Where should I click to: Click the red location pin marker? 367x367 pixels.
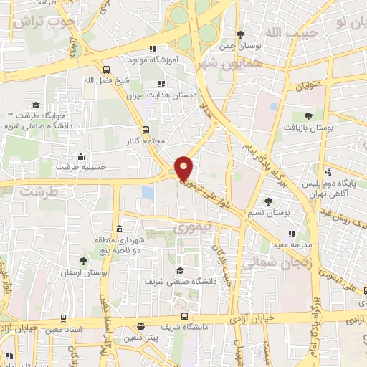click(184, 168)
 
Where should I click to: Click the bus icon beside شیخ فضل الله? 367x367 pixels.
click(106, 70)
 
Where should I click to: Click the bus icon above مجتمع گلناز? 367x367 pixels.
click(146, 130)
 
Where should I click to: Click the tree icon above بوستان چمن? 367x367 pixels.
click(241, 34)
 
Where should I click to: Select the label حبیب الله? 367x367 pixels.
click(286, 33)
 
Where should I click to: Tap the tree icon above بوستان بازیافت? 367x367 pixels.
click(308, 115)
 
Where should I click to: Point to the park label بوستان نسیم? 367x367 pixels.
click(273, 212)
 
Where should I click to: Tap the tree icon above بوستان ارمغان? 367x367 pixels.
click(83, 261)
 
